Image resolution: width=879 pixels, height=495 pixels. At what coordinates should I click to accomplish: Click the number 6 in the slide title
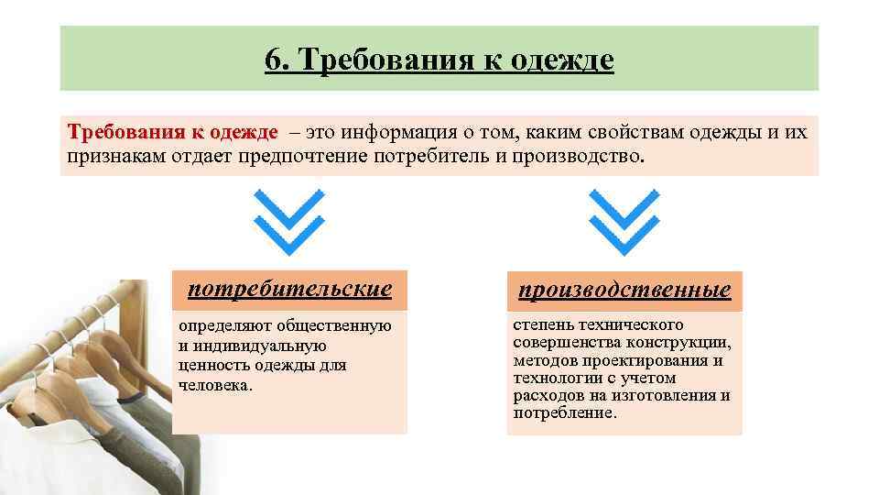(272, 60)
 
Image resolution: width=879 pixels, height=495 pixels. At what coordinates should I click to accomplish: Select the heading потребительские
(289, 290)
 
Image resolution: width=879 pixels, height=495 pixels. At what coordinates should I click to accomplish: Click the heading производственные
(624, 291)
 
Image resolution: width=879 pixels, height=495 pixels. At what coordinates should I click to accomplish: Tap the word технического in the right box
(632, 325)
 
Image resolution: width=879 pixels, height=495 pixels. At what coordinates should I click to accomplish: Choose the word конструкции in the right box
(678, 343)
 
